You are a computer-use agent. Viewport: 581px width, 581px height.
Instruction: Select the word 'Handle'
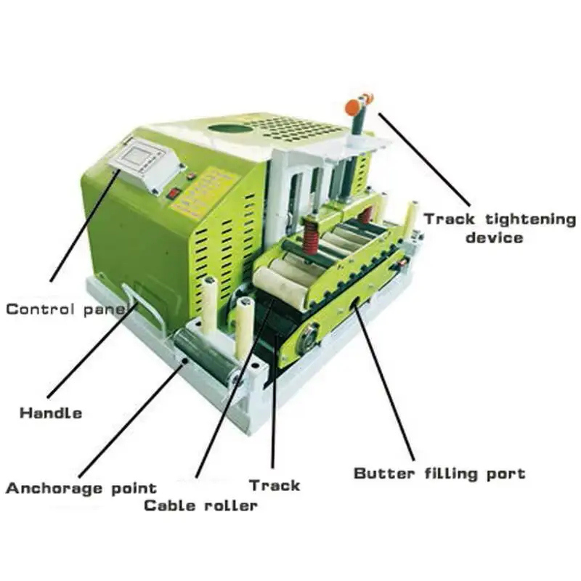tap(50, 413)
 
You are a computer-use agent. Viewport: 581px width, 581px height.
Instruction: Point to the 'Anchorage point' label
tap(81, 487)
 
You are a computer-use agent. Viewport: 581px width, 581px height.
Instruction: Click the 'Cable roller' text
tap(200, 505)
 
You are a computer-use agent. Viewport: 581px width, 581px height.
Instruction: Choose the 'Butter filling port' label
tap(439, 474)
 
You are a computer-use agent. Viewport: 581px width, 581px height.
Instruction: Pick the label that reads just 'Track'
tap(274, 485)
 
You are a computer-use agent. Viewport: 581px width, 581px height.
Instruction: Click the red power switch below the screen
tap(174, 194)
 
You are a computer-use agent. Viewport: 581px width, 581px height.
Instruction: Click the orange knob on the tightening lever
tap(353, 107)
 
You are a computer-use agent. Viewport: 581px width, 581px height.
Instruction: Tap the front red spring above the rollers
tap(310, 236)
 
